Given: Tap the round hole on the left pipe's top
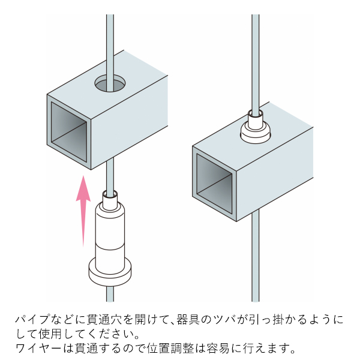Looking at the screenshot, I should (110, 83).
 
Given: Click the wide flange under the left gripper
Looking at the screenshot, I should (110, 271).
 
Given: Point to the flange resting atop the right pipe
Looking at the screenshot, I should (256, 133).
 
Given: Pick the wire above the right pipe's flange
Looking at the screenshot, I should (256, 60).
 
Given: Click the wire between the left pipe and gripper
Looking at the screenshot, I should (109, 177).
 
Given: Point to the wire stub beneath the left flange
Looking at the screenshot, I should (110, 294).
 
